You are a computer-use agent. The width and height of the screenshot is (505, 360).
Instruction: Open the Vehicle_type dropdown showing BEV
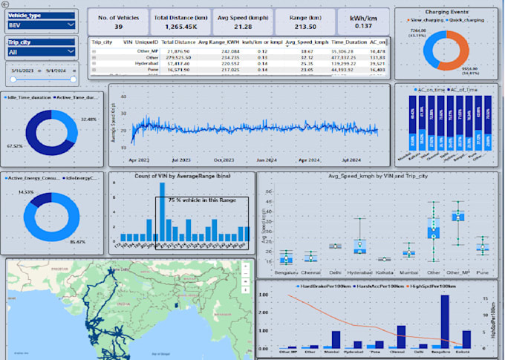coord(42,25)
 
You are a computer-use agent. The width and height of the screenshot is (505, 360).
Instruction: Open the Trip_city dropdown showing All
coord(42,51)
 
